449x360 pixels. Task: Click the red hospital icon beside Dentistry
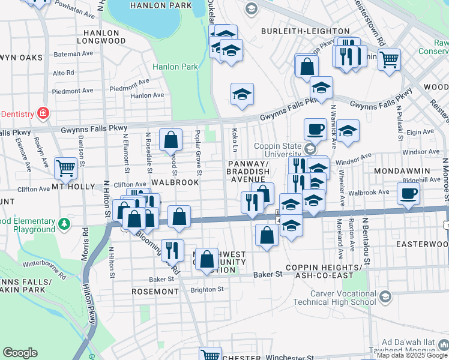tap(43, 113)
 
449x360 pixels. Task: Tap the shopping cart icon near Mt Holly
tap(65, 168)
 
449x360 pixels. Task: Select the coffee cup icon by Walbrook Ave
tap(408, 194)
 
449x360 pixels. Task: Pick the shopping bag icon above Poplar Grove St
tap(171, 140)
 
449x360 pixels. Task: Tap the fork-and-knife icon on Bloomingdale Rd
tap(172, 250)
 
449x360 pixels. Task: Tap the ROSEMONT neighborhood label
tap(155, 292)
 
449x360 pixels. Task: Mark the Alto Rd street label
tap(63, 73)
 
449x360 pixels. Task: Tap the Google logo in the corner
tap(20, 353)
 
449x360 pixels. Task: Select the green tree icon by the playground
tap(64, 224)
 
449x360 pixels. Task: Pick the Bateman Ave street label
tap(72, 54)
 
